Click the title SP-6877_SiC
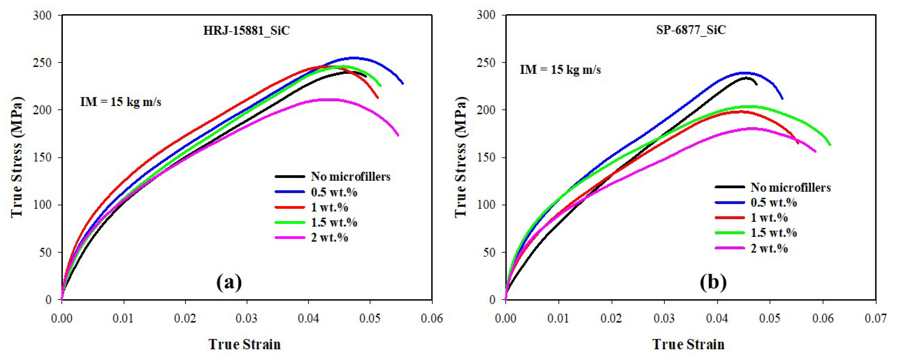pos(691,30)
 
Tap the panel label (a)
pos(229,282)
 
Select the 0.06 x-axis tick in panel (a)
pos(432,318)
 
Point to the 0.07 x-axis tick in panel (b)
pos(875,318)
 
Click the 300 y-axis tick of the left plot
pos(42,15)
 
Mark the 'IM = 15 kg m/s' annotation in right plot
pos(560,70)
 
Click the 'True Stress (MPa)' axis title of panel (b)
pos(461,157)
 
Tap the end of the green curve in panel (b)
pos(830,145)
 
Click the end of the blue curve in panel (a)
pos(403,84)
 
